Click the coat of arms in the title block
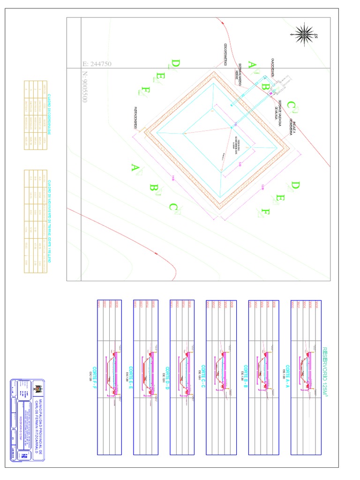(x=39, y=390)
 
